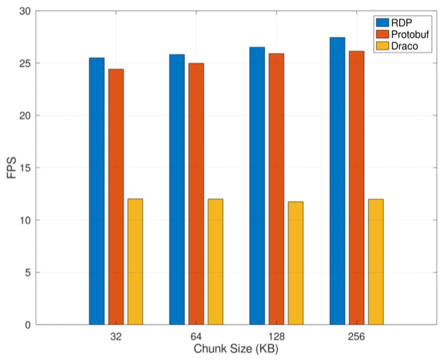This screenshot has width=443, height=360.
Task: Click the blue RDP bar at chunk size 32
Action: coord(97,191)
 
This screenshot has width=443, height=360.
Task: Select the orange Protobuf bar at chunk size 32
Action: coord(116,197)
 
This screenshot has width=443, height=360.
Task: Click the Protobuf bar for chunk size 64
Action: coord(196,194)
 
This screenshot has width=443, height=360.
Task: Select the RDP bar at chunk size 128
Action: coord(257,186)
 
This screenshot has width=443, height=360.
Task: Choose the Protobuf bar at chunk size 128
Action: coord(276,189)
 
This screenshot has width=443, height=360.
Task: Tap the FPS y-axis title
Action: coord(13,168)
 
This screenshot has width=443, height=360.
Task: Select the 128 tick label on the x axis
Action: coord(276,337)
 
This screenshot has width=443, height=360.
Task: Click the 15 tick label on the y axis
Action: coord(23,168)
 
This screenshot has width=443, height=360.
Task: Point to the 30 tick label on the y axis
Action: coord(23,11)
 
